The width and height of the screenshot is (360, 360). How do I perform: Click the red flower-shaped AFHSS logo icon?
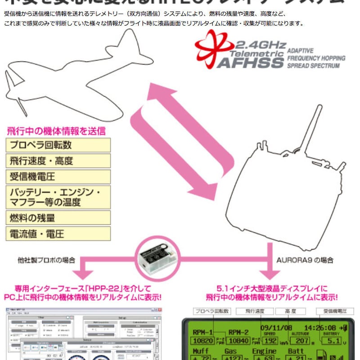(x=214, y=49)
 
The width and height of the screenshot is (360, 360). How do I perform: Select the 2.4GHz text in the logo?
(x=260, y=45)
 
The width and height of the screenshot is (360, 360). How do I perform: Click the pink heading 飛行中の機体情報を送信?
(x=56, y=131)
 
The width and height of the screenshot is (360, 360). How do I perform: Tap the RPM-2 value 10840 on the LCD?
(x=239, y=341)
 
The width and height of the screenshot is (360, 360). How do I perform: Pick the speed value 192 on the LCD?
(x=270, y=341)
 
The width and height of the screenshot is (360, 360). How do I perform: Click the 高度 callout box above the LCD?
(x=290, y=311)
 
